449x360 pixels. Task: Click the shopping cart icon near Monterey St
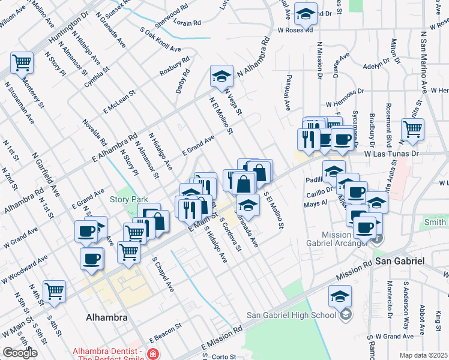[22, 62]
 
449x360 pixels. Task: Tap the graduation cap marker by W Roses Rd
[306, 14]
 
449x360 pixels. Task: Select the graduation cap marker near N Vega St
[221, 76]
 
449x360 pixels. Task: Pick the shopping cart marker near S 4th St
[54, 292]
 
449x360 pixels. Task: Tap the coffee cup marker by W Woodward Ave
[91, 259]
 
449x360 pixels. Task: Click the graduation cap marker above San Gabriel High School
[340, 296]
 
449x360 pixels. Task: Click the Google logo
[20, 353]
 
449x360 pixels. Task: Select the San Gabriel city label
[400, 262]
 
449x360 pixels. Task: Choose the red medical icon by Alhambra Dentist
[154, 355]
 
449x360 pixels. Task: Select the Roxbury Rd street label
[174, 66]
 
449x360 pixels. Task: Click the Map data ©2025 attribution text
[423, 355]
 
